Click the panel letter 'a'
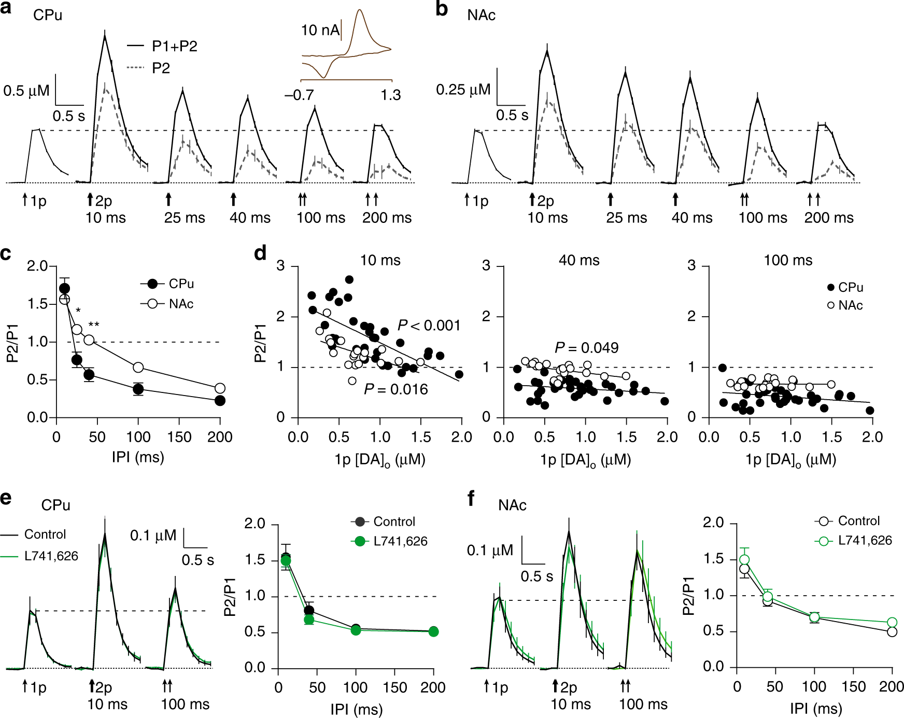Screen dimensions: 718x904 (6, 9)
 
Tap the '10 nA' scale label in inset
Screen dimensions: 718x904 (320, 30)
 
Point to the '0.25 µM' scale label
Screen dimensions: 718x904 (463, 90)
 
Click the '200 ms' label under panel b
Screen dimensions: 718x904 (828, 218)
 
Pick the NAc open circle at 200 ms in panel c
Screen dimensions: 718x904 (220, 388)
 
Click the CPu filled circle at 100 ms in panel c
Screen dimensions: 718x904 (138, 389)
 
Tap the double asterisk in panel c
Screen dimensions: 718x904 (94, 325)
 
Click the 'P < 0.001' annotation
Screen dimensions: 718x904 (429, 326)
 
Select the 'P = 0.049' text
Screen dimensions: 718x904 (586, 348)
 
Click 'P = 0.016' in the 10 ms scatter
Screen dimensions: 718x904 (396, 389)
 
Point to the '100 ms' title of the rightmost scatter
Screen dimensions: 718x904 (788, 260)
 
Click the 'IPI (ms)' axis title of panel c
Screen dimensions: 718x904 (138, 457)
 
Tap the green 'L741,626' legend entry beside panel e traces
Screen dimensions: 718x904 (51, 556)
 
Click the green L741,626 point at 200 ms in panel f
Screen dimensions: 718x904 (892, 622)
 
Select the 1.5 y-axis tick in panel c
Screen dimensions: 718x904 (38, 304)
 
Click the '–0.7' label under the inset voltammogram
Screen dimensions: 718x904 (299, 95)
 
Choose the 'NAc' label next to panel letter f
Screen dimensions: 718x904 (512, 505)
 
